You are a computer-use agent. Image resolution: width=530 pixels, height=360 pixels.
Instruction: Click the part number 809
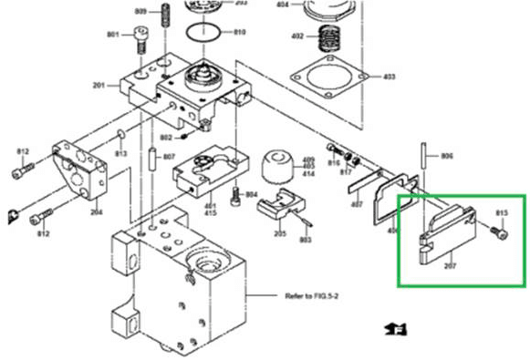tap(140, 11)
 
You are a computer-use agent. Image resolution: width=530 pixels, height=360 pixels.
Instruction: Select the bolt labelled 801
tap(140, 39)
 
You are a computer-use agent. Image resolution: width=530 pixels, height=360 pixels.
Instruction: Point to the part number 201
tap(99, 86)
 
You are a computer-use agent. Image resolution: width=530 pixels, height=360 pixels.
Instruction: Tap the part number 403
tap(389, 76)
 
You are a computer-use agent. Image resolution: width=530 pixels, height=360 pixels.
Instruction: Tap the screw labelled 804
tap(235, 195)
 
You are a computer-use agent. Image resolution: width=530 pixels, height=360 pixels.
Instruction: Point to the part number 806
tap(446, 157)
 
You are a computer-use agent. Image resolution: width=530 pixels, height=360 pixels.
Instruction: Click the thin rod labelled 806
tap(424, 162)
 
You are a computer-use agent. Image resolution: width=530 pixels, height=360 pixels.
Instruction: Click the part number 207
tap(449, 267)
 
